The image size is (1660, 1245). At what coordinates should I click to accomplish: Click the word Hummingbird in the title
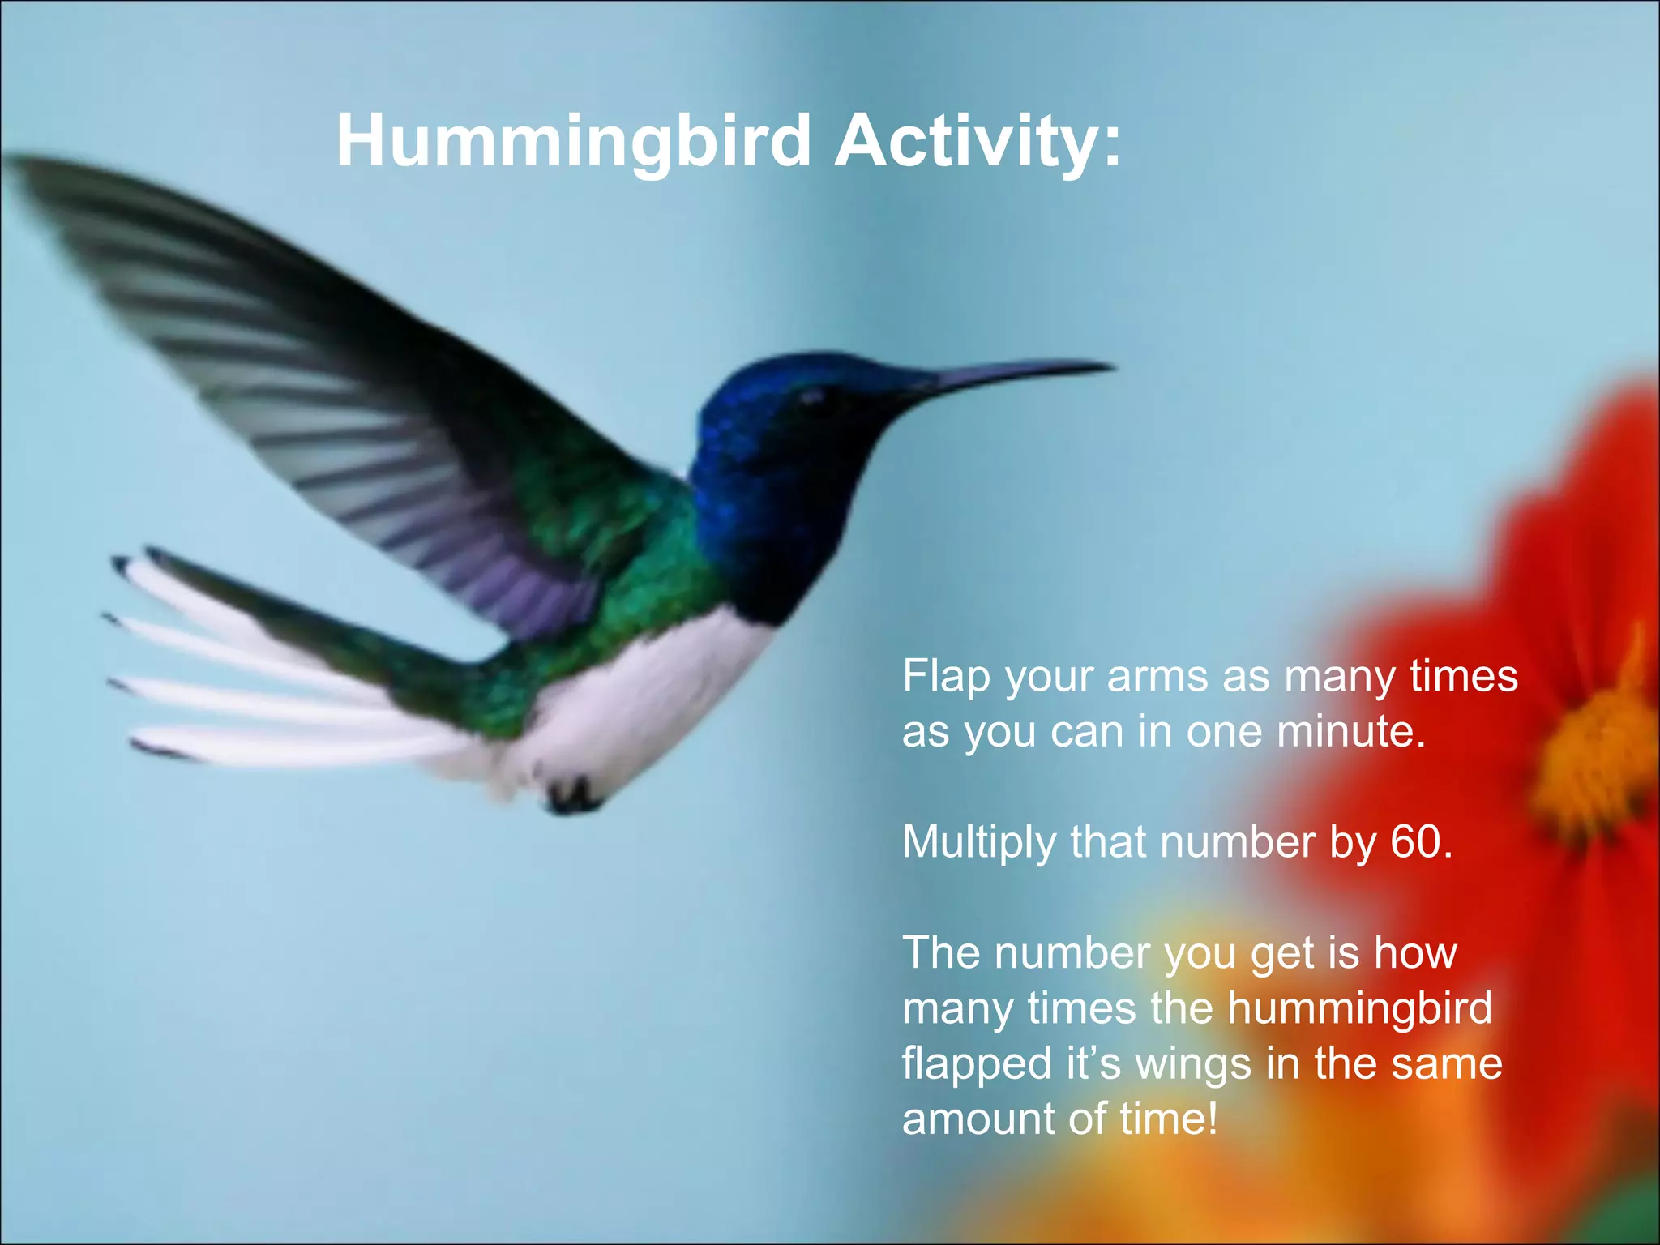(x=574, y=140)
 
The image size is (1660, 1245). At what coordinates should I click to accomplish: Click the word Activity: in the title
(x=978, y=140)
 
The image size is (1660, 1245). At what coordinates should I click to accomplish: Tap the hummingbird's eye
(x=811, y=396)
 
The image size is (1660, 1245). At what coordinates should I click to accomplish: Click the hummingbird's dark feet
(x=572, y=795)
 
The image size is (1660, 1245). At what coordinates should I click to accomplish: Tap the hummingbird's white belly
(x=648, y=697)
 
